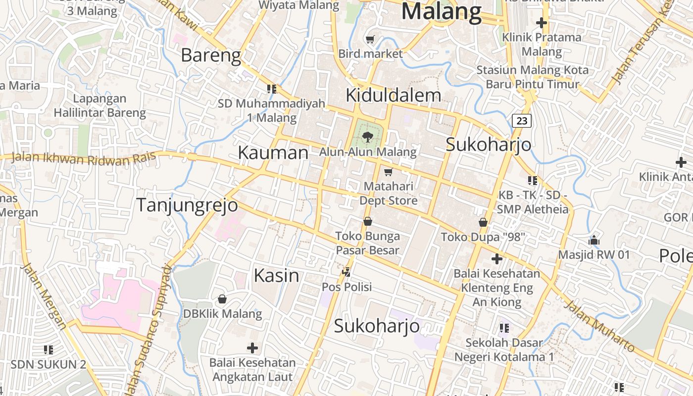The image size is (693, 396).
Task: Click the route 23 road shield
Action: click(522, 120)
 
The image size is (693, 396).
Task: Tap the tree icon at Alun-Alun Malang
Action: click(367, 137)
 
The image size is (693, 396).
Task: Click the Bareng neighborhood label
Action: click(211, 55)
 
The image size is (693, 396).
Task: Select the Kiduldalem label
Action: click(393, 95)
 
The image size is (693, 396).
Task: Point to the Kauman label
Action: click(273, 152)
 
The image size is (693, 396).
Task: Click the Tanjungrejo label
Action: click(187, 204)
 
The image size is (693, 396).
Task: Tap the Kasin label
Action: click(276, 275)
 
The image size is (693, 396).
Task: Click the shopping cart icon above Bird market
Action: click(370, 39)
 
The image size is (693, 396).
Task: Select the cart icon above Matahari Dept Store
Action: click(389, 172)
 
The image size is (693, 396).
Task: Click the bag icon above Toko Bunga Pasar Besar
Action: click(367, 221)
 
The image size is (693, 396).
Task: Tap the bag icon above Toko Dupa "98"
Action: click(483, 222)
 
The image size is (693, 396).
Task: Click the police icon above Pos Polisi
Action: click(346, 271)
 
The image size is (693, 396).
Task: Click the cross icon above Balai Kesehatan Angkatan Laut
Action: click(252, 347)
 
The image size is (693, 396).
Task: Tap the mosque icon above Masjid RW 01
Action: click(594, 241)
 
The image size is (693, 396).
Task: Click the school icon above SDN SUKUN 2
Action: click(49, 349)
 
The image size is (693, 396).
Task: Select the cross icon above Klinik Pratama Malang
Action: click(542, 22)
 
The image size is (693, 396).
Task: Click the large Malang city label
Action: click(441, 11)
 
